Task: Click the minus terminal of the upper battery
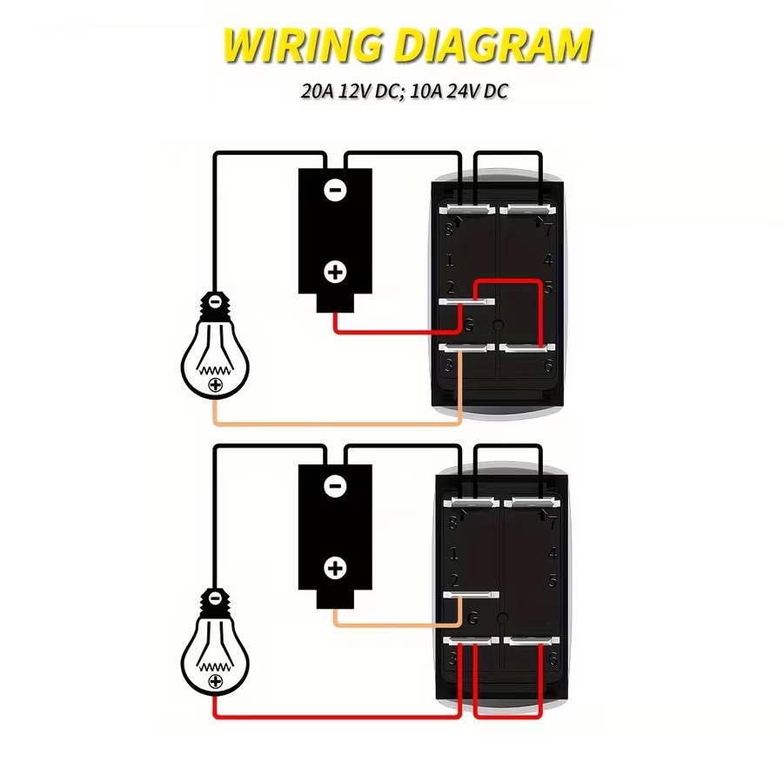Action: pyautogui.click(x=335, y=191)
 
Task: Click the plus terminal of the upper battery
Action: pyautogui.click(x=335, y=272)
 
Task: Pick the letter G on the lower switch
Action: pyautogui.click(x=472, y=619)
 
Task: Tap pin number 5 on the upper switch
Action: pyautogui.click(x=549, y=289)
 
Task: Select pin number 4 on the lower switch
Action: pyautogui.click(x=549, y=552)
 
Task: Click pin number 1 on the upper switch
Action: pyautogui.click(x=450, y=260)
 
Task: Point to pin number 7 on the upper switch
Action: pyautogui.click(x=548, y=231)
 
